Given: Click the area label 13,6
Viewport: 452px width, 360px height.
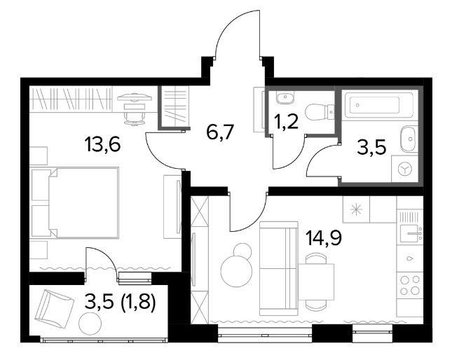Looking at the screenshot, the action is point(102,144).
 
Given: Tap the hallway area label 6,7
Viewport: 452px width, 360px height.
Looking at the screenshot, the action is point(219,132).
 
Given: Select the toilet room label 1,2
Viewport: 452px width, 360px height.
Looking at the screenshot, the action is point(285,122).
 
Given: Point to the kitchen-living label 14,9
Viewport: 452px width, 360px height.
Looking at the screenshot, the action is point(324,238).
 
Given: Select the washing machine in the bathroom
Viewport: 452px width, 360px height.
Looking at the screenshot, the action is point(404,169).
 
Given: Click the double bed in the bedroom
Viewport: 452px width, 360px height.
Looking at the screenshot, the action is point(83,202).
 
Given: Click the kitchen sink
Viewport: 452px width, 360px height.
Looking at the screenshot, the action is point(410,233).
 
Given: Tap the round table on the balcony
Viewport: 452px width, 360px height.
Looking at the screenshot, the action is point(90,324).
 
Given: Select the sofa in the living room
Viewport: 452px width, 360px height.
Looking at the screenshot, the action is point(279,268).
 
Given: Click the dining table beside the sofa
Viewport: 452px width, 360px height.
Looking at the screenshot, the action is point(316,282).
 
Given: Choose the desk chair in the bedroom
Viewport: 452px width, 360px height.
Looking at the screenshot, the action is point(135,118).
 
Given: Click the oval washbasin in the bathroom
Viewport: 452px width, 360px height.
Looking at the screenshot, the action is point(409,139).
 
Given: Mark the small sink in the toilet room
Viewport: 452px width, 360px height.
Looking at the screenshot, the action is point(285,98).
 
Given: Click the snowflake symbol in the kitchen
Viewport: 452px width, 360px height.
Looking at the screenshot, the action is point(356,209).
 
